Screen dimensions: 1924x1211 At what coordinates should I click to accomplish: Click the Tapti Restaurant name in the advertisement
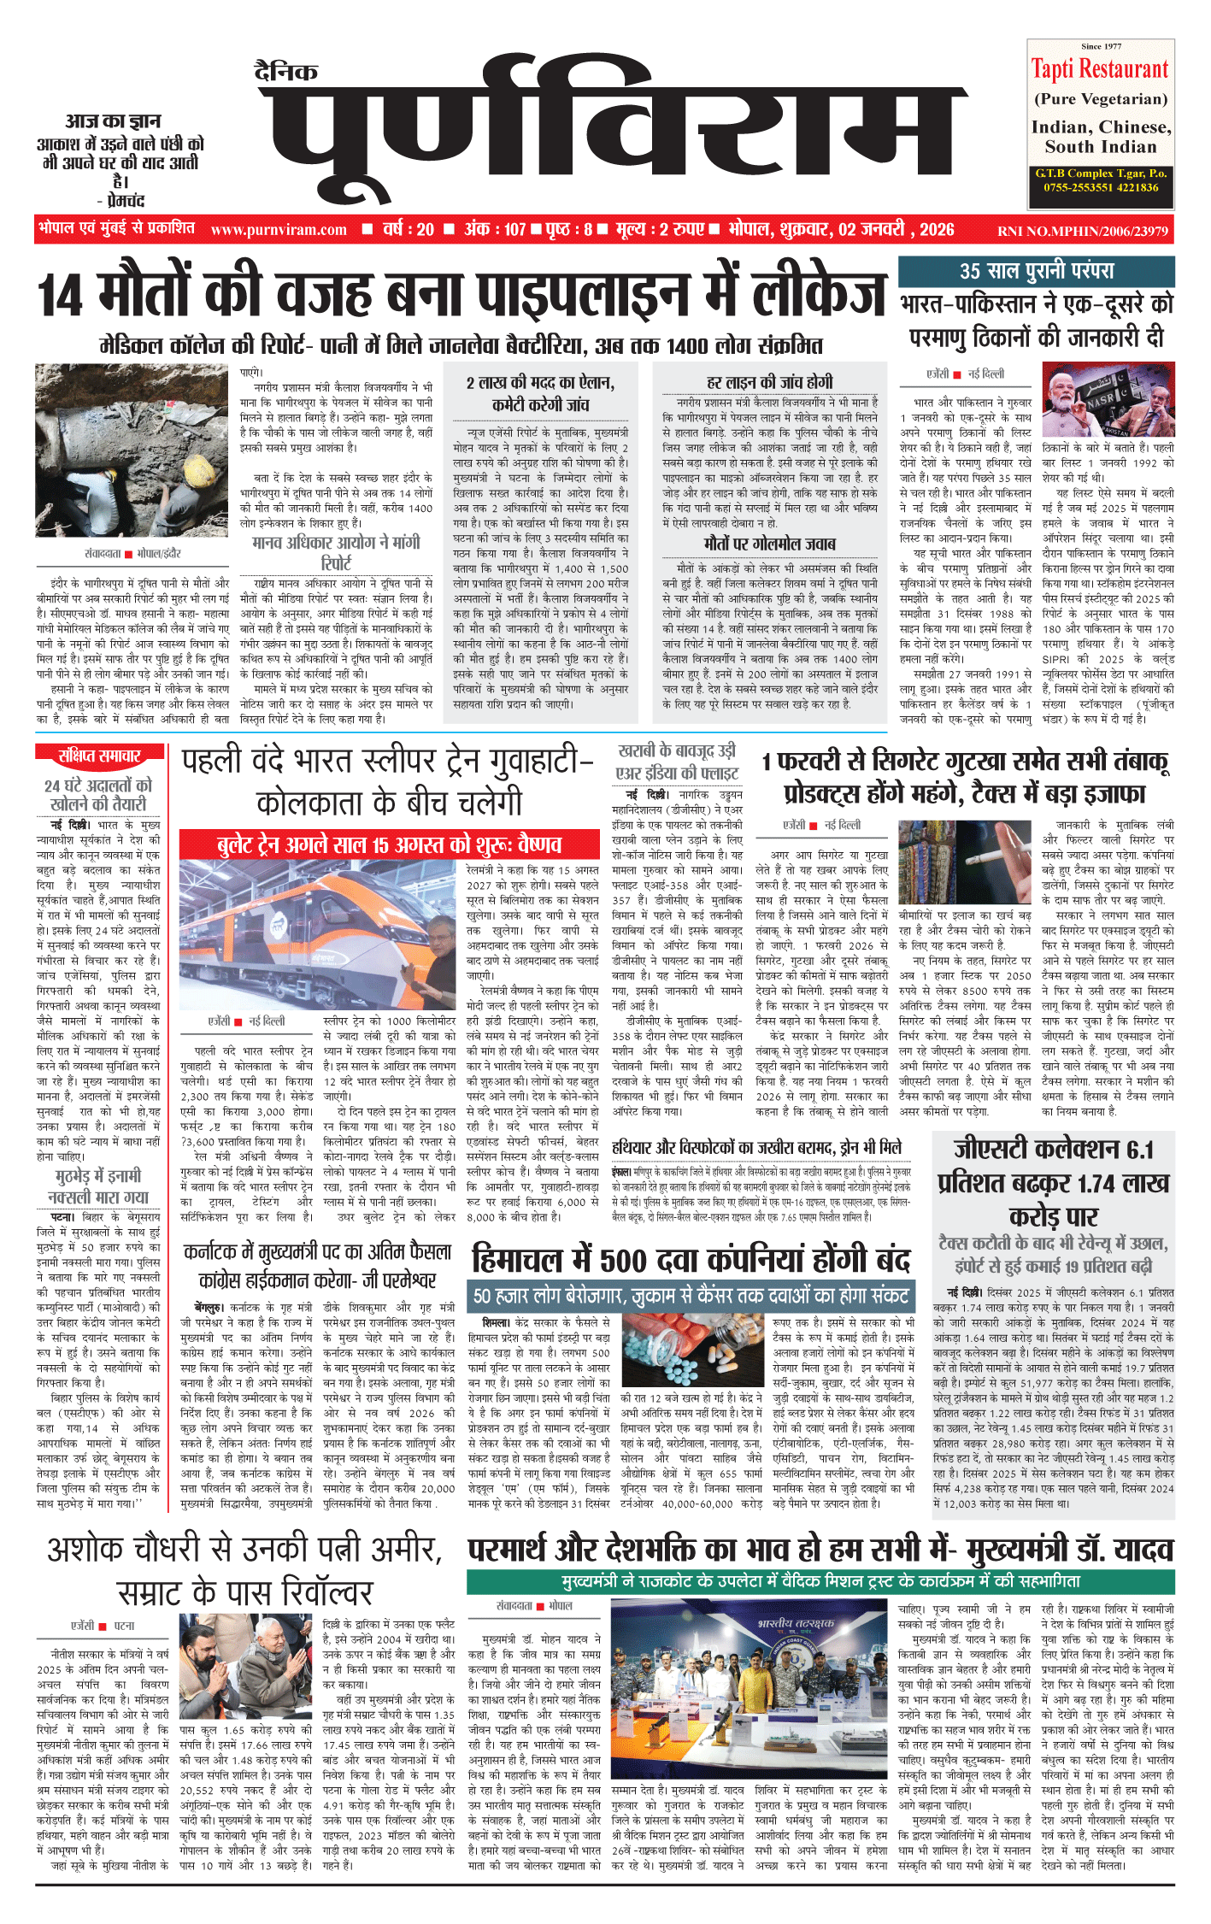click(1100, 68)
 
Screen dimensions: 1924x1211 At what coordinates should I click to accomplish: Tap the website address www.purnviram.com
click(279, 230)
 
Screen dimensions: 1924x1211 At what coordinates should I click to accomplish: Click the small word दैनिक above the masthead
click(286, 72)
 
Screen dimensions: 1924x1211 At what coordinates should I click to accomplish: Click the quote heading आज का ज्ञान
click(113, 121)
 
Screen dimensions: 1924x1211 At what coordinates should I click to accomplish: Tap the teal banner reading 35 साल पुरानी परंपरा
click(1036, 271)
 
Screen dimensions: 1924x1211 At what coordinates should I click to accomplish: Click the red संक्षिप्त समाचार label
click(99, 756)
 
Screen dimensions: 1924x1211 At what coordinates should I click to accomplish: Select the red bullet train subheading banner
click(389, 845)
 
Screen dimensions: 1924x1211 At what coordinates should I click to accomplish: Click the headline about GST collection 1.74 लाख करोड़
click(1054, 1183)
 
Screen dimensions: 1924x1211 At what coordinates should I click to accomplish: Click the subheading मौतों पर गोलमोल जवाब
click(769, 544)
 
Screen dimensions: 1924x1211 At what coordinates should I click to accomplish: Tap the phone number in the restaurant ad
click(1101, 187)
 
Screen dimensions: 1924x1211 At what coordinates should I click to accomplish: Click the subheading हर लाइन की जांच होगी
click(769, 382)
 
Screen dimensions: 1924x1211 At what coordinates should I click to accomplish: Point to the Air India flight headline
click(677, 762)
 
